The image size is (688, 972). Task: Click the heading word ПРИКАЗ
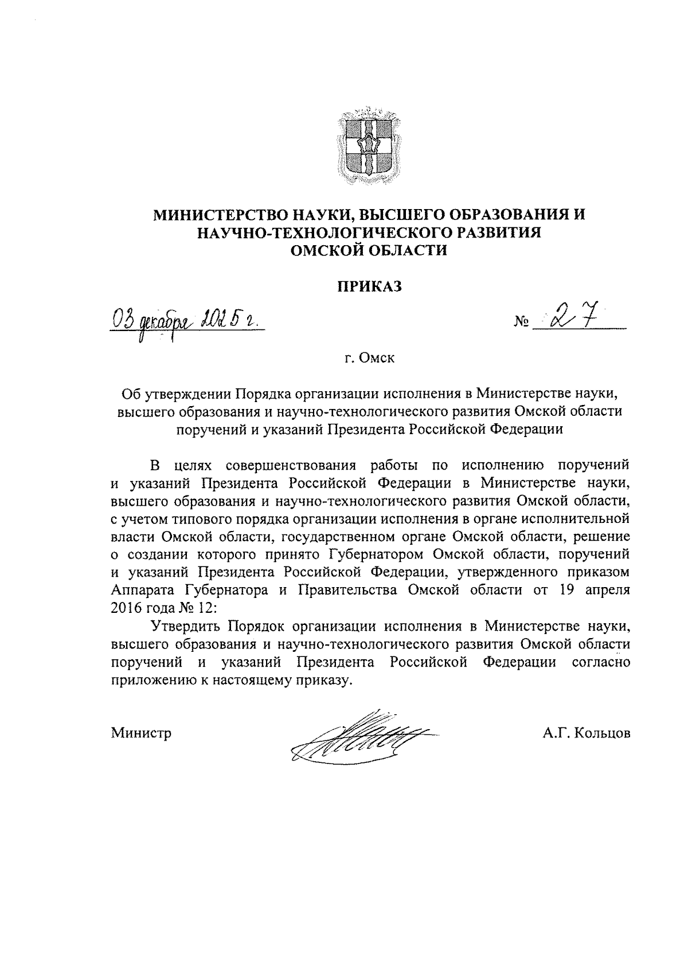tap(369, 286)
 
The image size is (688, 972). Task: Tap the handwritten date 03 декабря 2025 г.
tap(184, 318)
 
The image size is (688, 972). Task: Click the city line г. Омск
tap(369, 359)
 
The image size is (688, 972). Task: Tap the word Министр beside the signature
tap(142, 733)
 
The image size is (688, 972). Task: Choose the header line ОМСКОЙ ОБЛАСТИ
tap(369, 250)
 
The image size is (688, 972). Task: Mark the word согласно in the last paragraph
tap(601, 662)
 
